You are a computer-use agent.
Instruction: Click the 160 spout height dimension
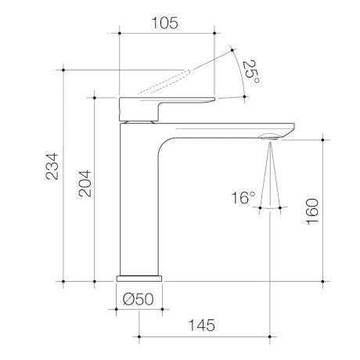311,209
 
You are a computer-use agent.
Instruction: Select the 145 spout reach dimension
203,324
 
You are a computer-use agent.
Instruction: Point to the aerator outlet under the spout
268,139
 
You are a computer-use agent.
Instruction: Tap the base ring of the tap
139,277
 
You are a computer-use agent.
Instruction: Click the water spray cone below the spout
268,176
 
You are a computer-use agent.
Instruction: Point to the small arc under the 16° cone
268,208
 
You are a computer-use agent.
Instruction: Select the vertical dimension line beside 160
324,209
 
